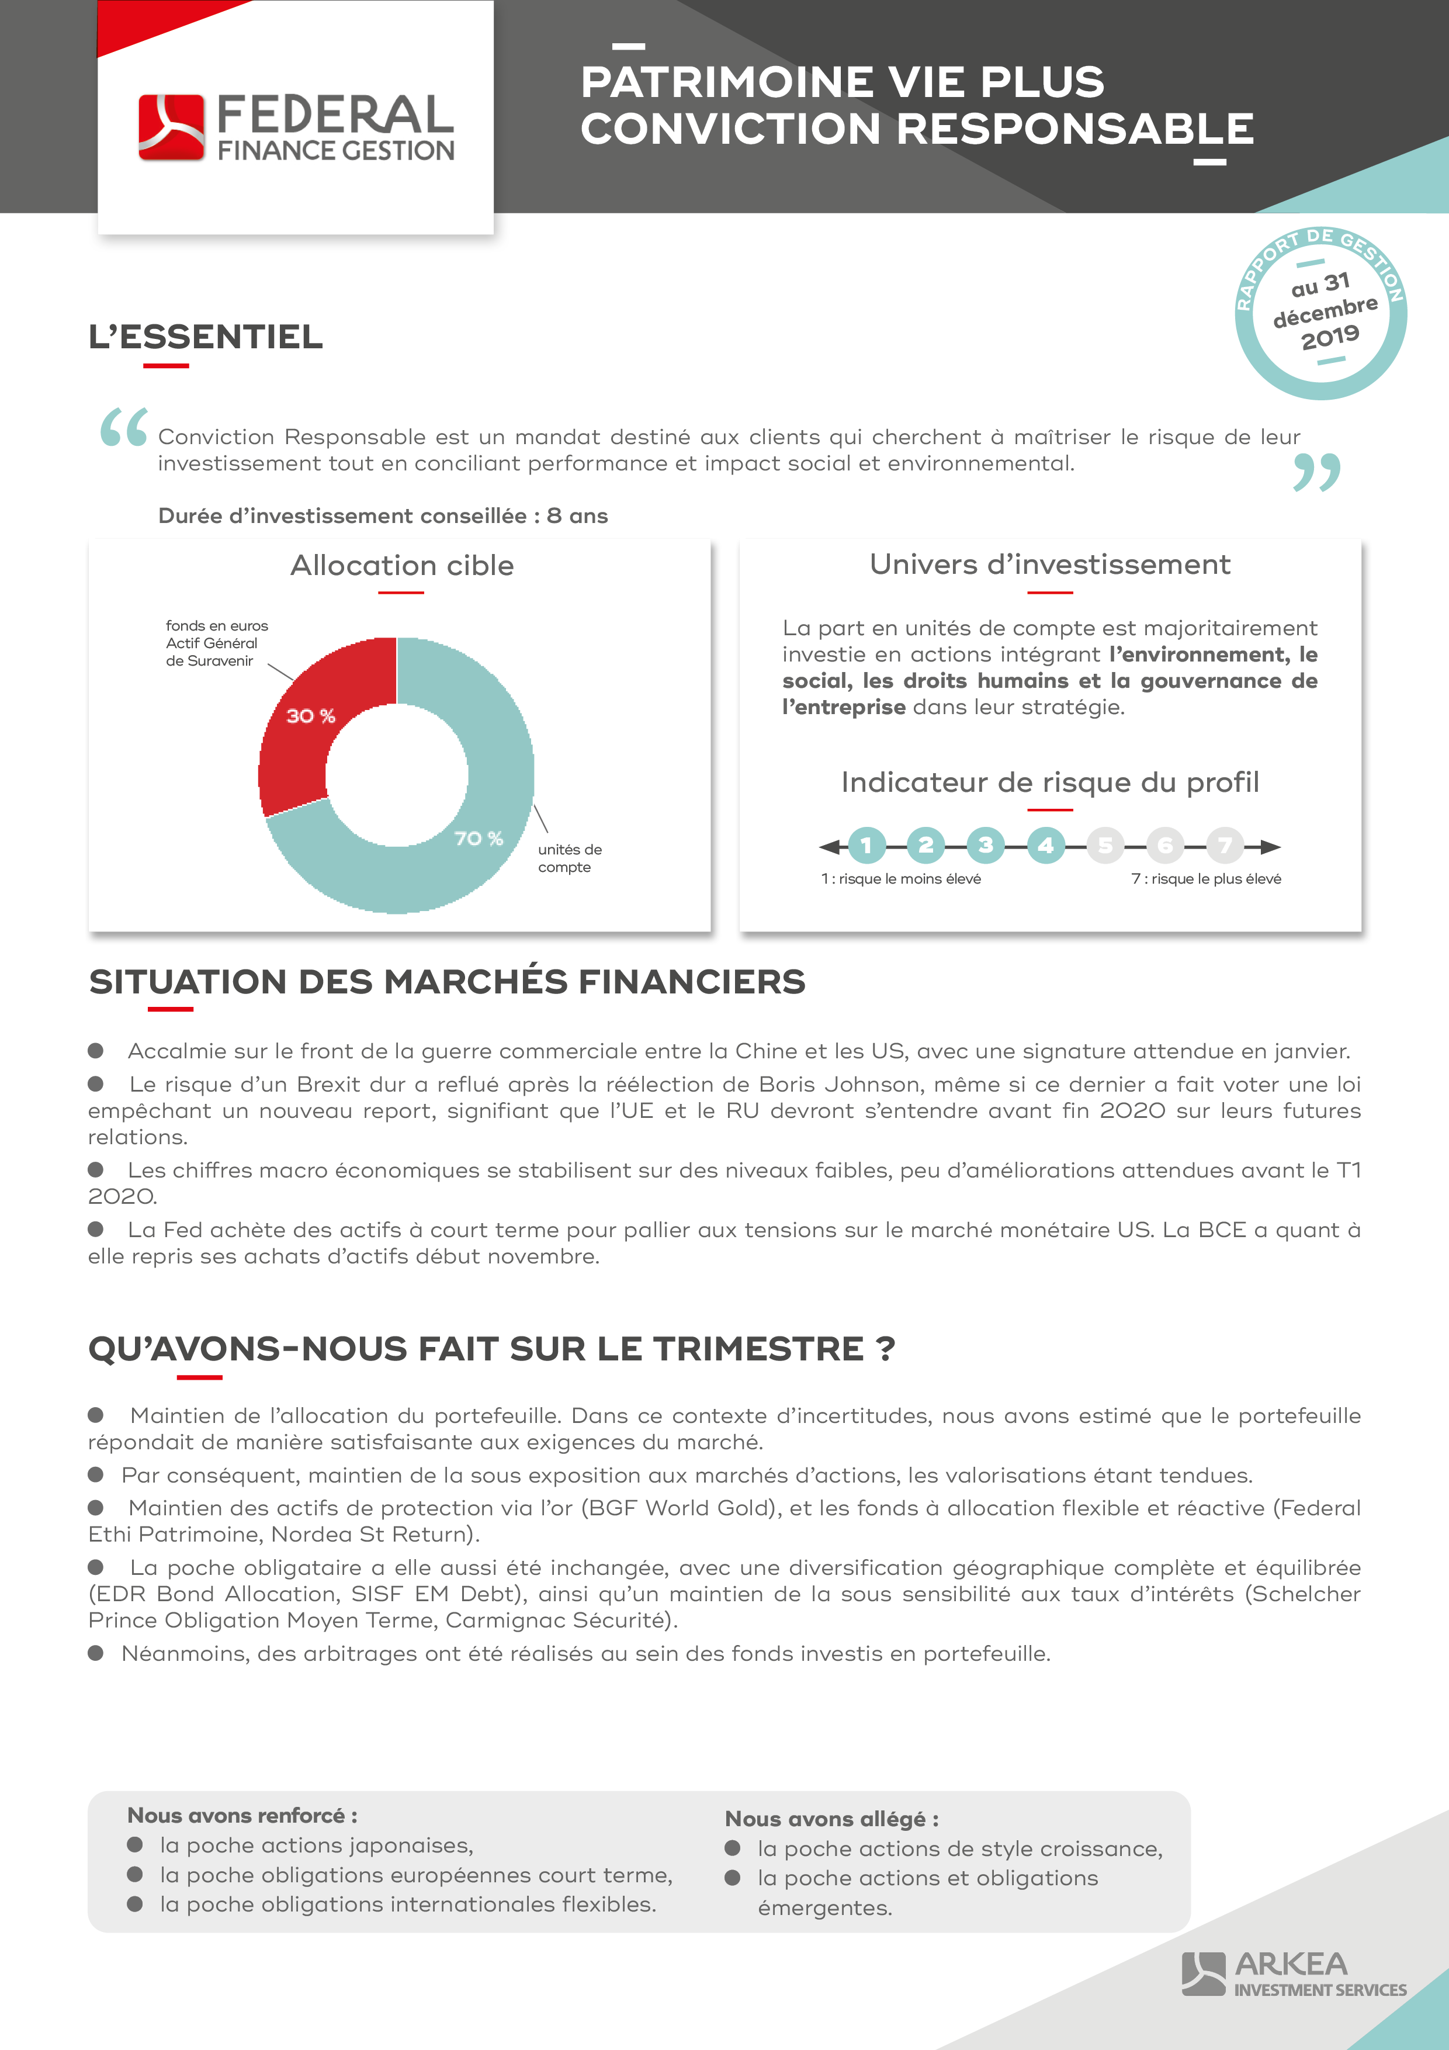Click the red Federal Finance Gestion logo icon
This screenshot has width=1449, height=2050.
(x=171, y=127)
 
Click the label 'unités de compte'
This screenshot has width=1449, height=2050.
(x=570, y=858)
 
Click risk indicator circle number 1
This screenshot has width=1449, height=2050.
(x=866, y=844)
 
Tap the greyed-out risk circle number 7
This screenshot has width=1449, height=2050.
(x=1225, y=844)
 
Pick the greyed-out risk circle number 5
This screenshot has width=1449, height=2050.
(x=1105, y=844)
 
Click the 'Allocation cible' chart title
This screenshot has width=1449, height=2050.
(x=402, y=565)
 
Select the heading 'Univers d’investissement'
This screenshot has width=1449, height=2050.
(x=1050, y=565)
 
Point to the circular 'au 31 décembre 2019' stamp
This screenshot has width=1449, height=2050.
(x=1320, y=313)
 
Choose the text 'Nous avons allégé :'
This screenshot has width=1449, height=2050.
(x=831, y=1819)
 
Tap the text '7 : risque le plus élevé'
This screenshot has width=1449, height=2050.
(x=1206, y=878)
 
